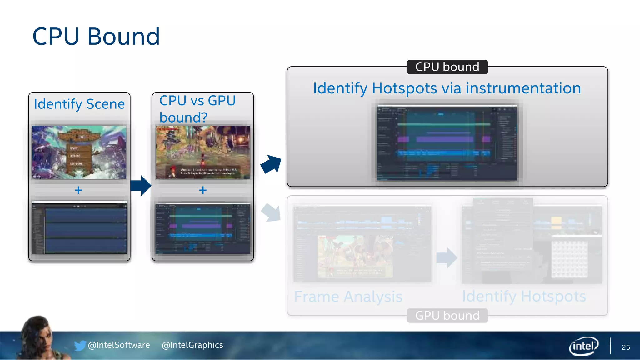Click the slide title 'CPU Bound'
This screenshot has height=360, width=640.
point(96,37)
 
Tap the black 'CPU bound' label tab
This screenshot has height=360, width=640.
point(447,67)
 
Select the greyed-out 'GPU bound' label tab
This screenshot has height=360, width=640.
point(447,316)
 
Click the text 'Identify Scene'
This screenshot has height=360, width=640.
point(79,104)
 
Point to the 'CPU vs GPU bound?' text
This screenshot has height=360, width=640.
point(197,109)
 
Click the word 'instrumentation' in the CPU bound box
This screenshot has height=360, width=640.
point(523,88)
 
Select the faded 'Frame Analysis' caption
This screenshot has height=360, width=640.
point(348,297)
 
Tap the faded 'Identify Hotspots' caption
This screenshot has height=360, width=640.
point(524,296)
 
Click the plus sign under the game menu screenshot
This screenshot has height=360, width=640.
point(78,190)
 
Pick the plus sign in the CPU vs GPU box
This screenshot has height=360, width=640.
point(203,190)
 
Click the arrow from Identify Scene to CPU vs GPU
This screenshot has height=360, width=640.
point(141,186)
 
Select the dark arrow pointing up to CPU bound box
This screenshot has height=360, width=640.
point(271,164)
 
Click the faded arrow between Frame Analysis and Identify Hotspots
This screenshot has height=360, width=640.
point(447,258)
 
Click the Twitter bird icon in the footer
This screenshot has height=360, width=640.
point(80,345)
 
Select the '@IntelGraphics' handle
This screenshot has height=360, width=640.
point(192,345)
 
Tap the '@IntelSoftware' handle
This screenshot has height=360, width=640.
point(119,345)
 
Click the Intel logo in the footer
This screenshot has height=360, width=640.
point(584,346)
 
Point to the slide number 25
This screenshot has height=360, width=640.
point(626,347)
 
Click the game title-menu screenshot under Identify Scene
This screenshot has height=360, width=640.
point(79,152)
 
